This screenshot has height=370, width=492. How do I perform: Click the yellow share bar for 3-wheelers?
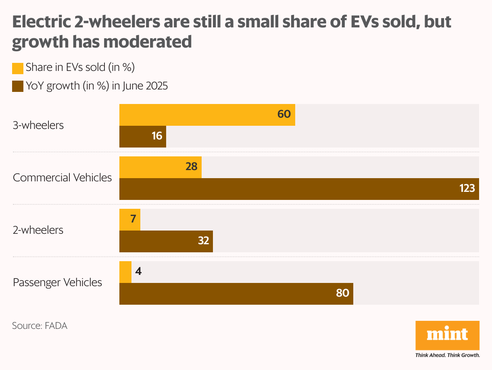[x=207, y=114]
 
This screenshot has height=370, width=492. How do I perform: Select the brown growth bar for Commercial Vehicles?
[x=299, y=189]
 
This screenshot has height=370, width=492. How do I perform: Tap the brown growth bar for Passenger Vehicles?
[x=236, y=293]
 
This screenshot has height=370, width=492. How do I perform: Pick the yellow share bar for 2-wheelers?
[x=130, y=220]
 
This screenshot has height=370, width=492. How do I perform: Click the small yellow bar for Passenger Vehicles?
[x=125, y=272]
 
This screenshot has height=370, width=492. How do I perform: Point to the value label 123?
[x=467, y=188]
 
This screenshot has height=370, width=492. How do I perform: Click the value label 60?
[x=284, y=114]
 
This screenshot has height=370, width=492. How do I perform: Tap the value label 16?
[x=157, y=136]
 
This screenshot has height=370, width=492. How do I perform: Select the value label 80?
[x=342, y=293]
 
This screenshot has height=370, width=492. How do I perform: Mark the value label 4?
[x=138, y=272]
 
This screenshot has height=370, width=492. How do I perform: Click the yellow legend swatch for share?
[x=18, y=68]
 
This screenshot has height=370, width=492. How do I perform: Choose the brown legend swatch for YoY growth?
[x=18, y=86]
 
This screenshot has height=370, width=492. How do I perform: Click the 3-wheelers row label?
[x=38, y=125]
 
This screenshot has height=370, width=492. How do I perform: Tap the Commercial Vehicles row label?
[x=63, y=178]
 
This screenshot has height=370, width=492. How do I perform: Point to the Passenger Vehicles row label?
[x=57, y=283]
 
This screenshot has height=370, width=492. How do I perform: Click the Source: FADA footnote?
[x=40, y=326]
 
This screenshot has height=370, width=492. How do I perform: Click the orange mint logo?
[x=447, y=335]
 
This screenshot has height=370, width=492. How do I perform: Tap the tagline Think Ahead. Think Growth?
[x=447, y=355]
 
